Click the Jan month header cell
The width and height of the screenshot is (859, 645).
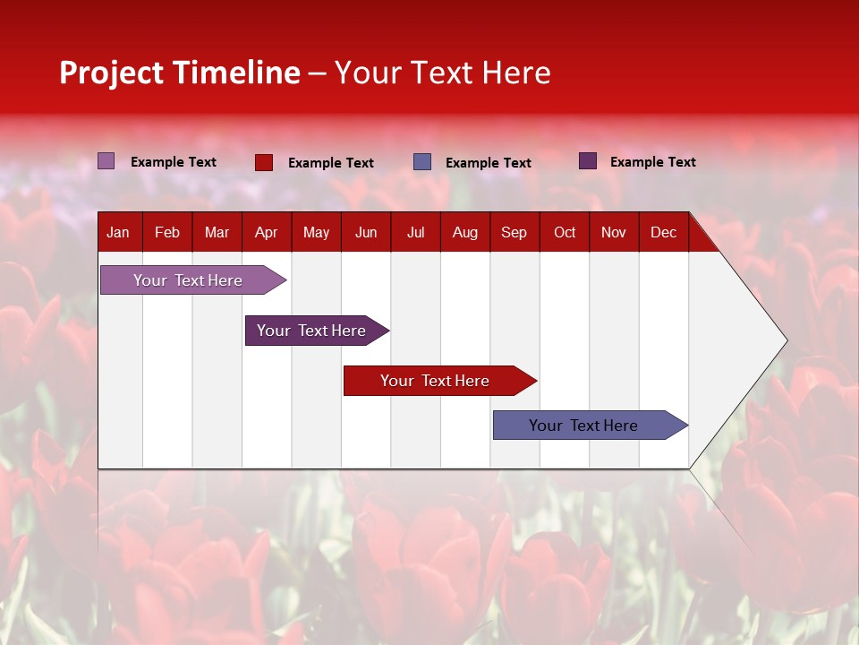118,232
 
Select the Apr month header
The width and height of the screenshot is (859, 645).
266,232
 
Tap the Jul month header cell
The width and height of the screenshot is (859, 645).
415,232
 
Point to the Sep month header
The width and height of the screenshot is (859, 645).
514,232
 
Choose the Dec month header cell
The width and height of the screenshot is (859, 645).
663,232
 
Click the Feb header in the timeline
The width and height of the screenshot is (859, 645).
167,232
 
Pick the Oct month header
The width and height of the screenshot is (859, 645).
565,232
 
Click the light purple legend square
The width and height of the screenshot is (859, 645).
106,161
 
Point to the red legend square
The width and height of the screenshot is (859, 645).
264,162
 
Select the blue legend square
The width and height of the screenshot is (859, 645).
422,162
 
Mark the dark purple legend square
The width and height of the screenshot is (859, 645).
588,161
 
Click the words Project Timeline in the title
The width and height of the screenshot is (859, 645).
180,73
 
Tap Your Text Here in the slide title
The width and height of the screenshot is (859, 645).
442,73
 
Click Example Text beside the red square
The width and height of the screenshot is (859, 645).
331,163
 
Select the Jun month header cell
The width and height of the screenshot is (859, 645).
365,232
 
